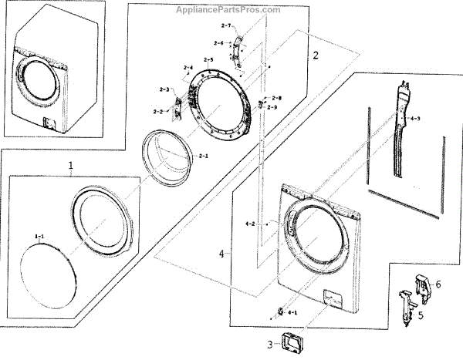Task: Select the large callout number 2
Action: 315,56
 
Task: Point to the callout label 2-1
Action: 204,157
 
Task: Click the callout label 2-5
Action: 208,61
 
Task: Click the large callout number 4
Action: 222,254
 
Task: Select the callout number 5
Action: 420,315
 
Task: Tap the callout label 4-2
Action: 250,224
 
